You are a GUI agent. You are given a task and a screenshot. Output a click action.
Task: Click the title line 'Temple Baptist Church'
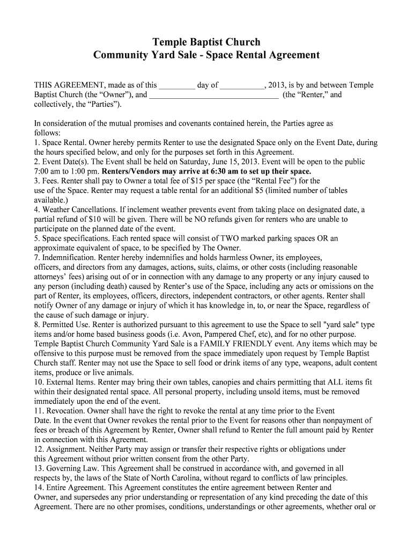pyautogui.click(x=206, y=42)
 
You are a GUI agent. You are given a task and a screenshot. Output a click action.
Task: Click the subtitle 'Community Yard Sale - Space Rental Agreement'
pyautogui.click(x=206, y=55)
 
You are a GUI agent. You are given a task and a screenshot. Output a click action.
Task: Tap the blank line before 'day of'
pyautogui.click(x=177, y=85)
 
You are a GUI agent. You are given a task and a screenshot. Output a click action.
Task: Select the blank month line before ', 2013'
pyautogui.click(x=242, y=85)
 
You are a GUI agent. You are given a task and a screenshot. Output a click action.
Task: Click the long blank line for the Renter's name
pyautogui.click(x=213, y=96)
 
